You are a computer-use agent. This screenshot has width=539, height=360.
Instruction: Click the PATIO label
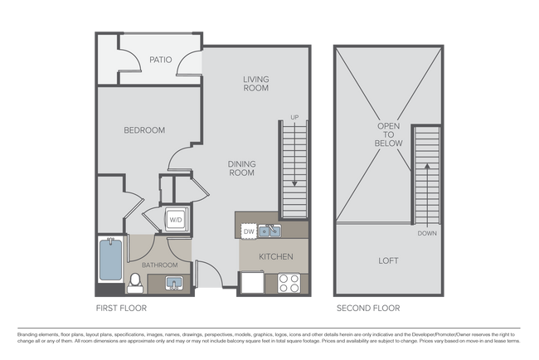(x=160, y=60)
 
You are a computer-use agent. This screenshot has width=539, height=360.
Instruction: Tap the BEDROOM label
(x=144, y=130)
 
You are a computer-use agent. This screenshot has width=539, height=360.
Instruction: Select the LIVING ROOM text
(x=256, y=84)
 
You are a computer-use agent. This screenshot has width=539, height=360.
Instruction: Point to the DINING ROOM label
(x=241, y=169)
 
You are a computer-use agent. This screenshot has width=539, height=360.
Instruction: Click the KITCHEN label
(x=276, y=257)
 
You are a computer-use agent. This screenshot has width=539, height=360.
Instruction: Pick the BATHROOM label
(x=160, y=265)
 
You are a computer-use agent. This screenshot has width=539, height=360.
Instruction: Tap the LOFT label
(x=388, y=260)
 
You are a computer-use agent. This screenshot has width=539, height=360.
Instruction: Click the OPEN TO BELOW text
(x=390, y=135)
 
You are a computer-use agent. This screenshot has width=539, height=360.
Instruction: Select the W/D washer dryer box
(x=177, y=220)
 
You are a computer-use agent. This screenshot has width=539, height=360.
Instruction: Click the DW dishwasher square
(x=248, y=231)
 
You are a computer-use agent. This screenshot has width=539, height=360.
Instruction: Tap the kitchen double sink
(x=269, y=231)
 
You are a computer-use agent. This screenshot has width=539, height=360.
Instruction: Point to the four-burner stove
(x=288, y=283)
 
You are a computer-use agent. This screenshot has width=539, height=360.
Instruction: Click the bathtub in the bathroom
(x=110, y=260)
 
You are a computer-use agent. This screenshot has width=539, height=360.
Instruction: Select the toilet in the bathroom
(x=135, y=283)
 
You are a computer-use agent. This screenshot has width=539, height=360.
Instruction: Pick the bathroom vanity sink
(x=174, y=285)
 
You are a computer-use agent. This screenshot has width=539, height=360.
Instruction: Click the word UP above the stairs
(x=294, y=117)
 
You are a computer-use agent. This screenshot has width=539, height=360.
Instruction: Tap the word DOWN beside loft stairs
(x=426, y=233)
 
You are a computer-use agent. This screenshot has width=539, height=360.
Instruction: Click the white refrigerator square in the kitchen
(x=251, y=284)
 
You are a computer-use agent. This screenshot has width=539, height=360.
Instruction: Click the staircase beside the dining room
(x=294, y=170)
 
